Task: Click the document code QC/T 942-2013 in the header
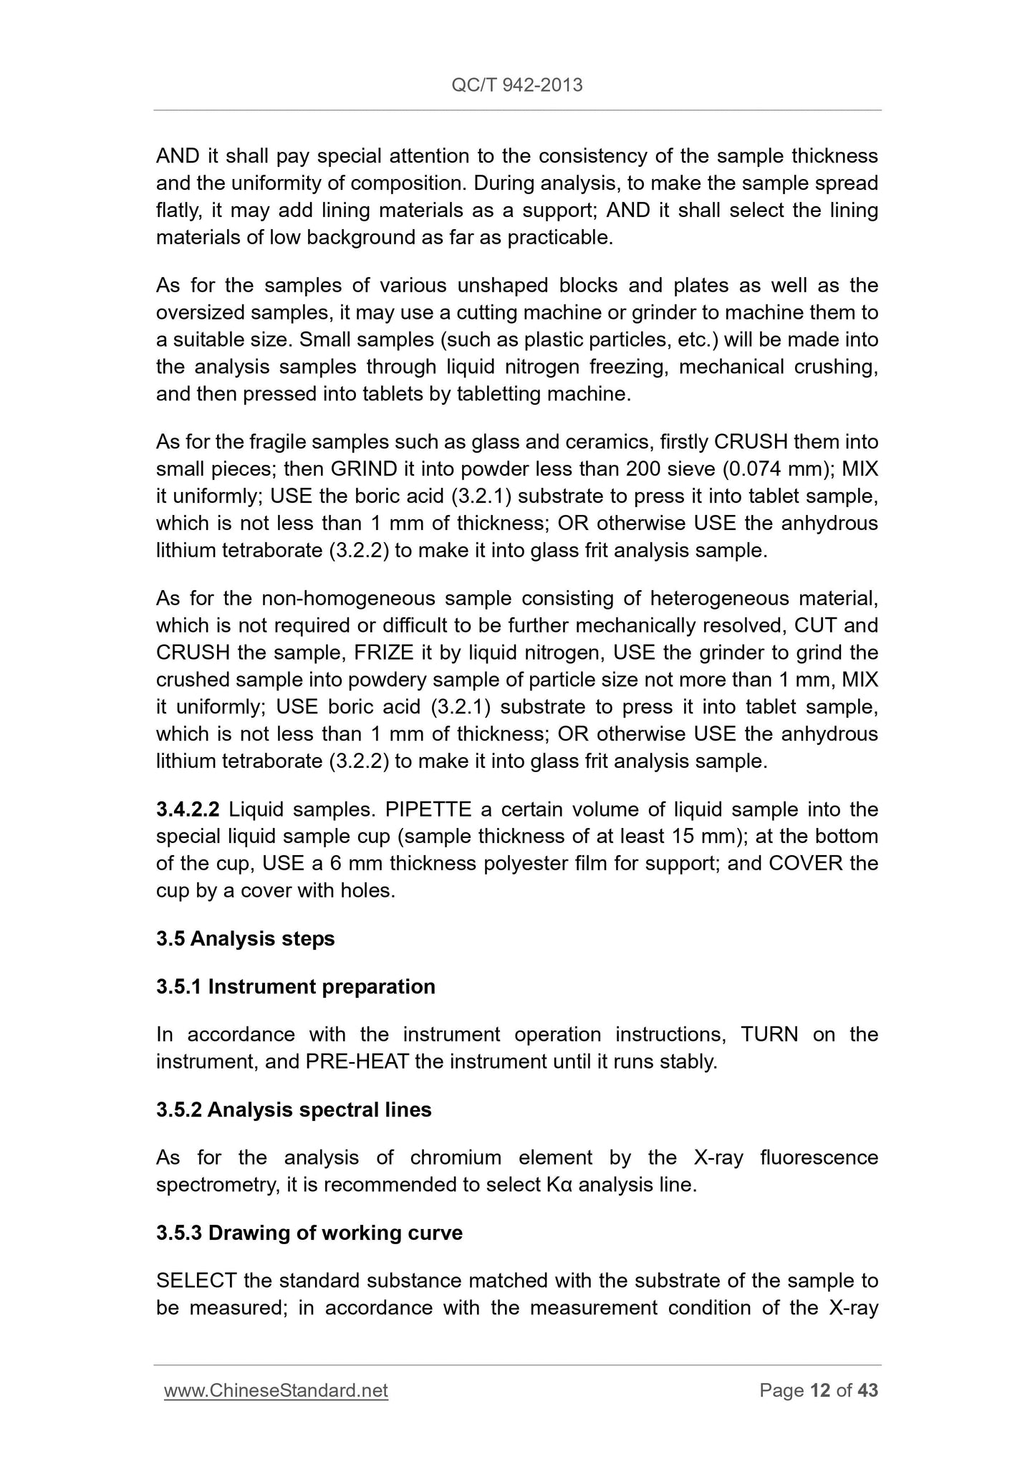pos(517,85)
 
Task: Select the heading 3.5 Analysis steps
pos(245,938)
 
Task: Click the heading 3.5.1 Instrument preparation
pos(295,986)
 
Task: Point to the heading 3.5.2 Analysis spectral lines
pos(294,1109)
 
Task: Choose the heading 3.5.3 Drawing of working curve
pos(309,1233)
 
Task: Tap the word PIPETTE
pos(428,809)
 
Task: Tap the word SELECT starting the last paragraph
pos(196,1280)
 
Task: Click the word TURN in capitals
pos(769,1034)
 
